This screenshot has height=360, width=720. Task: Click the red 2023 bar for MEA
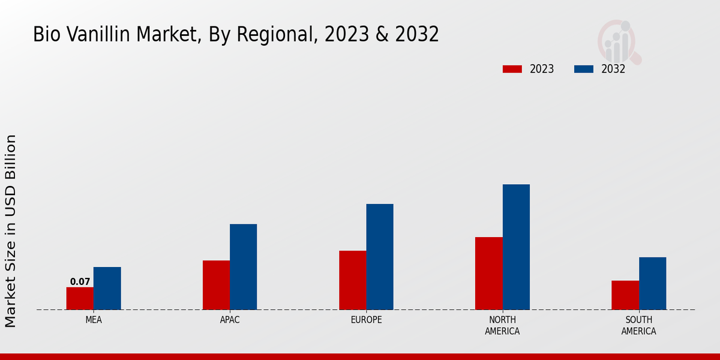click(80, 298)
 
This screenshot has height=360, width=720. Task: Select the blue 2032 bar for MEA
click(107, 288)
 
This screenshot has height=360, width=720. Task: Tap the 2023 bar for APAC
click(216, 285)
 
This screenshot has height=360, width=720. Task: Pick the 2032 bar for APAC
click(243, 266)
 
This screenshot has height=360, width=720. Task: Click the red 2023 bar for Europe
click(352, 280)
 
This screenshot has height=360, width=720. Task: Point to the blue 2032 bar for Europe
click(380, 257)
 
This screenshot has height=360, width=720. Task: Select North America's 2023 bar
click(488, 273)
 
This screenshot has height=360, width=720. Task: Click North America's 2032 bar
click(516, 247)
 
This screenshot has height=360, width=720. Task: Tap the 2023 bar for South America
click(625, 295)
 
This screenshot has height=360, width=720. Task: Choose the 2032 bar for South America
click(652, 283)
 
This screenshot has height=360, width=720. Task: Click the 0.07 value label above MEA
click(80, 281)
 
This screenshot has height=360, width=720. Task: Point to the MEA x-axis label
click(94, 320)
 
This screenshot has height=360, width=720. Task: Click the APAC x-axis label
click(230, 320)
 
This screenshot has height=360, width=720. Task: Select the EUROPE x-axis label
click(366, 320)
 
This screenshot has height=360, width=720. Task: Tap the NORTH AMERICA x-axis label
click(502, 325)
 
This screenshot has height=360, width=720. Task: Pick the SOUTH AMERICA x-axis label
click(638, 325)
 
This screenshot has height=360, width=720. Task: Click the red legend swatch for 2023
click(512, 69)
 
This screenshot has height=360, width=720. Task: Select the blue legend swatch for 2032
click(584, 69)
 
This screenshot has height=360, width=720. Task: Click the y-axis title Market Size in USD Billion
click(11, 231)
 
